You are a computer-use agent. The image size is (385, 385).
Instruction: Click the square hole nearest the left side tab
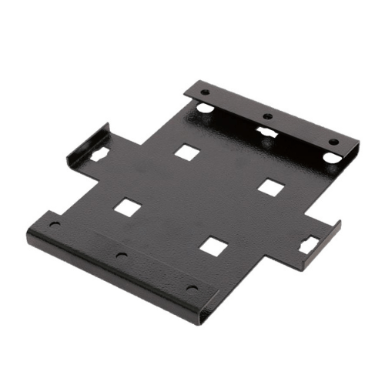[187, 152]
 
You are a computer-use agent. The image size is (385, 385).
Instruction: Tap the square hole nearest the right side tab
[270, 187]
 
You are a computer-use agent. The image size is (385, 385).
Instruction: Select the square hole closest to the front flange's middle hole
[128, 207]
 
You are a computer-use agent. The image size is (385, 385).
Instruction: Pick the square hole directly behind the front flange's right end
[213, 246]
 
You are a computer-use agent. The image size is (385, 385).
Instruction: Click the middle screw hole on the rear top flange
[266, 117]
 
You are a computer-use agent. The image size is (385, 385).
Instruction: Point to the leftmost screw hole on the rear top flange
[205, 92]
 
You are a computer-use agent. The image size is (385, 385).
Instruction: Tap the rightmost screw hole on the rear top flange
[333, 142]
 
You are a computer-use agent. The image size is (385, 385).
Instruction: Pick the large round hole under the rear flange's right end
[330, 157]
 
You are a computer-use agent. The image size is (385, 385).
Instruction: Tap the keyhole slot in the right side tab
[310, 245]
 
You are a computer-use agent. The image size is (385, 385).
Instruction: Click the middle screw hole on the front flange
[120, 255]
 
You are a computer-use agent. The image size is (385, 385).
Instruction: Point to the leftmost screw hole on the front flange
[55, 225]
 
